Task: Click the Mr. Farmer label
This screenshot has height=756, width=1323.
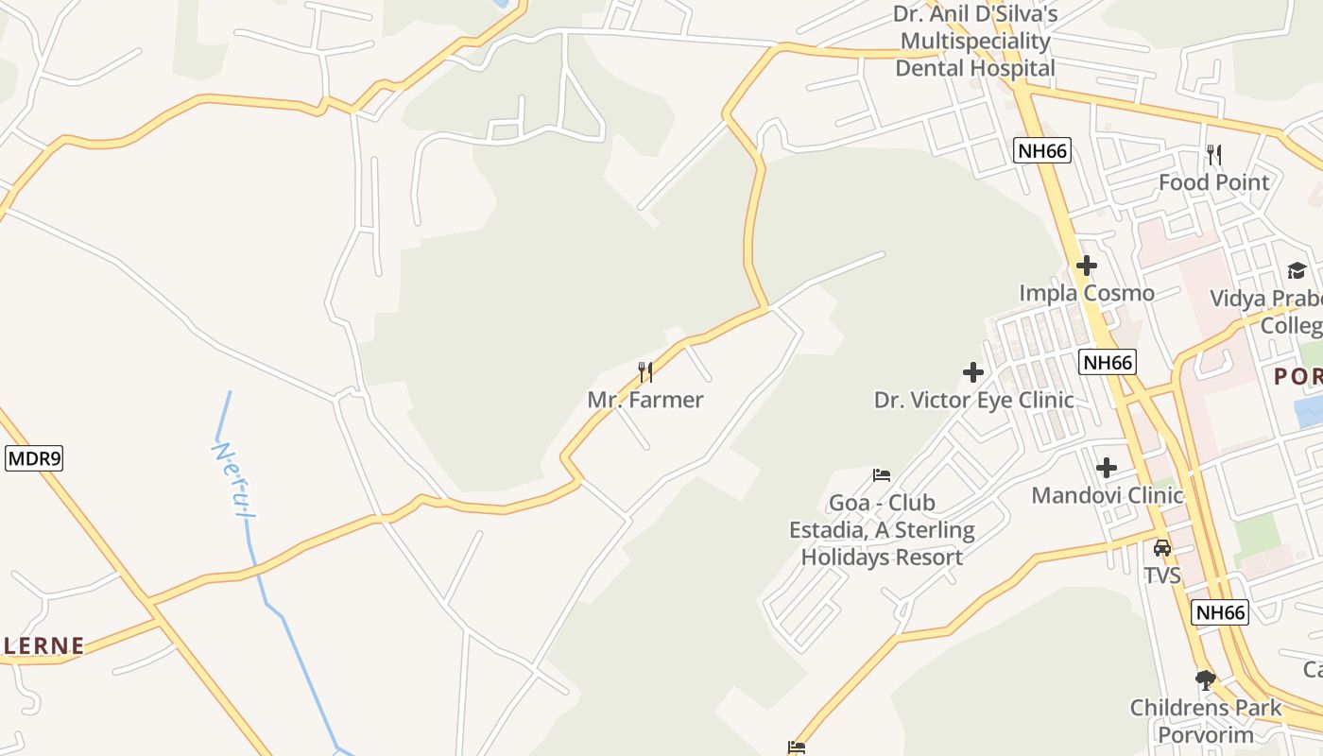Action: coord(645,400)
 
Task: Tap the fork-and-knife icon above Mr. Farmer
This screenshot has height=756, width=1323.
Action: coord(645,371)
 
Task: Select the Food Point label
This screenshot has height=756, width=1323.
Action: coord(1214,181)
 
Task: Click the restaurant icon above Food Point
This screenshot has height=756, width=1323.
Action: coord(1214,154)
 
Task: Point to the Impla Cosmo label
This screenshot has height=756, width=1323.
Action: coord(1087,293)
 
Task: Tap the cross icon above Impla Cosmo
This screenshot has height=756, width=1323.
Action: coord(1087,266)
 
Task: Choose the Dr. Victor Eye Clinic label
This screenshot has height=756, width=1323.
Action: coord(973,400)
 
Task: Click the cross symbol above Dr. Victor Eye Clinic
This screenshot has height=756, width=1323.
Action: coord(973,372)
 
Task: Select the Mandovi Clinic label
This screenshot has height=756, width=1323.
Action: coord(1107,495)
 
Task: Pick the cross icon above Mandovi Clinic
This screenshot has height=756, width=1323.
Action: coord(1107,468)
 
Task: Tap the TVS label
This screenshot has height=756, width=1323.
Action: coord(1162,575)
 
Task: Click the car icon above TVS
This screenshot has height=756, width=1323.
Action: coord(1162,547)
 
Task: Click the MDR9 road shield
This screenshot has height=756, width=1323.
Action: coord(34,459)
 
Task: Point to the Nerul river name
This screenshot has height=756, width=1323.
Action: coord(233,480)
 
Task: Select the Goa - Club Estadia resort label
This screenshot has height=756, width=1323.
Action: coord(882,530)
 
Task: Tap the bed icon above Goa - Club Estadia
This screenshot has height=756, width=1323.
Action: coord(882,474)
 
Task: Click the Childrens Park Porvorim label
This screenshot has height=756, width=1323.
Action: coord(1206,721)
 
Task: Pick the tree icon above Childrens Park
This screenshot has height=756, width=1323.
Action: coord(1206,679)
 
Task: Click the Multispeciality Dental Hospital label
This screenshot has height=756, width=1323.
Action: coord(975,42)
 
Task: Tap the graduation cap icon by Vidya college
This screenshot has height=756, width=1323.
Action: coord(1297,271)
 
